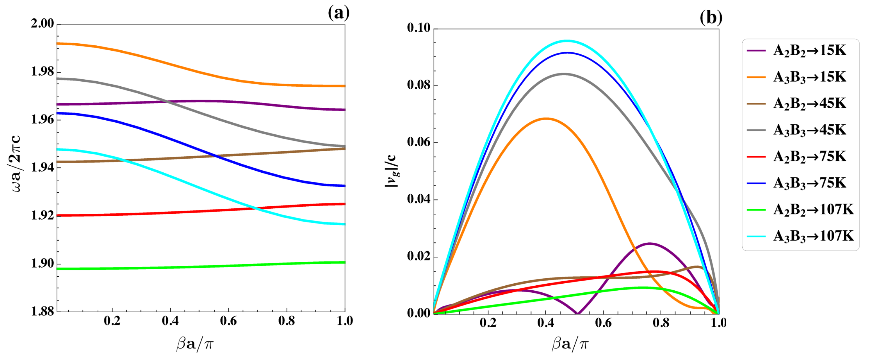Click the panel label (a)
pos(338,13)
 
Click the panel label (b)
pos(711,17)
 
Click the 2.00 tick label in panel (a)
pos(42,24)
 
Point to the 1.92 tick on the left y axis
pos(42,215)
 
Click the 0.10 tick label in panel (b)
pos(419,28)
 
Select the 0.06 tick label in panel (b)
pos(419,142)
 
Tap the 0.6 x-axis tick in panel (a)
pos(228,321)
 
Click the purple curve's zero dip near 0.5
pos(578,313)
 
